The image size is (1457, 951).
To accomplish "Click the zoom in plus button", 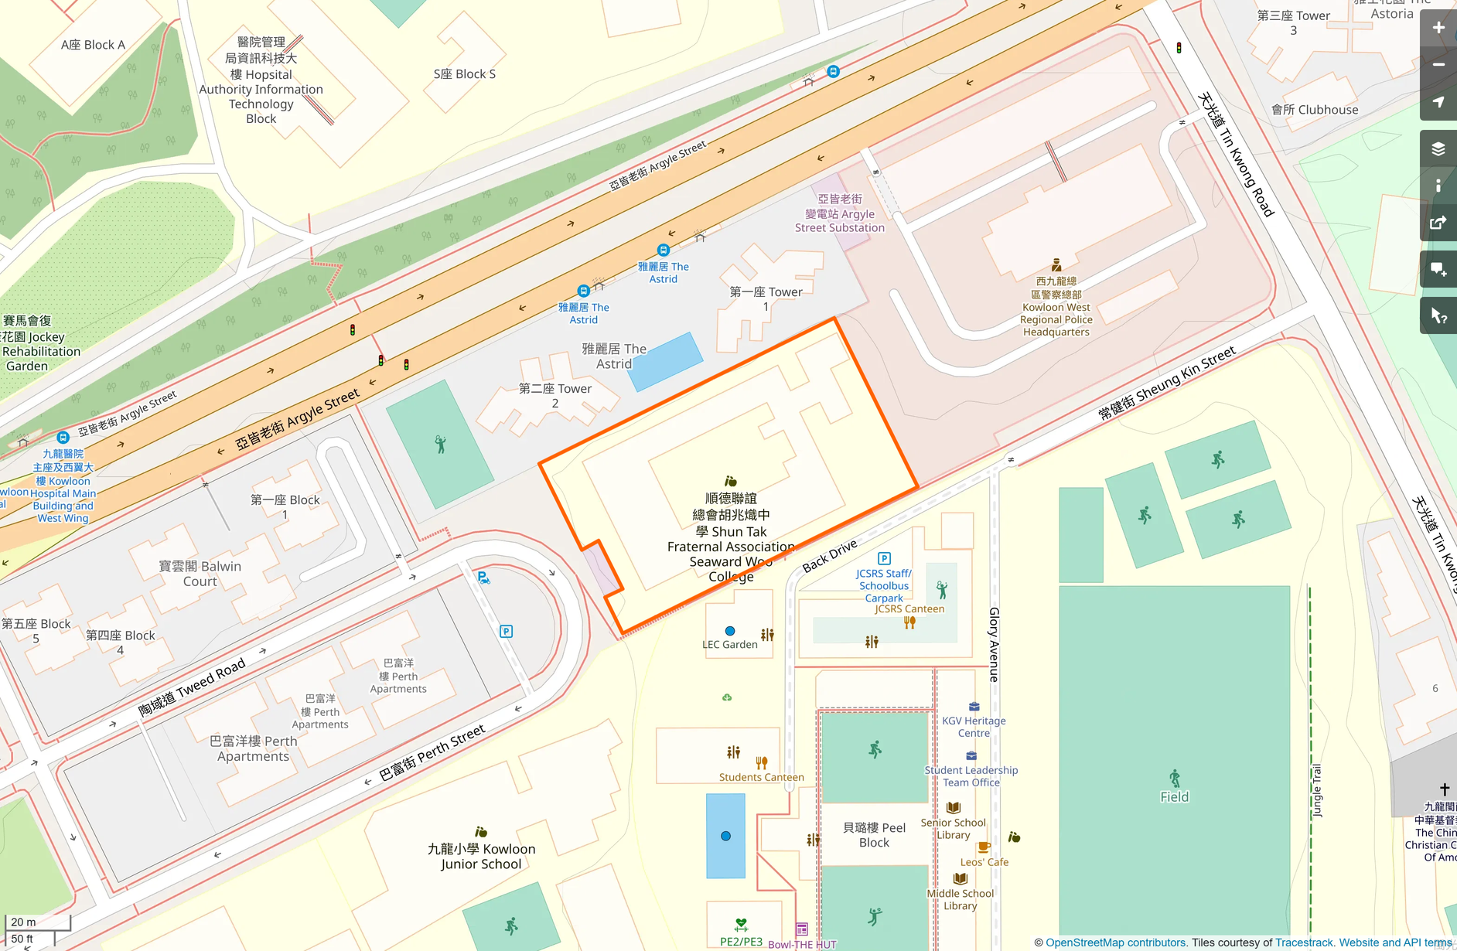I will coord(1438,28).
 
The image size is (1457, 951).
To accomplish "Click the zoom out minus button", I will coord(1438,65).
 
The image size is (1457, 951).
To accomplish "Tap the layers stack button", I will coord(1438,148).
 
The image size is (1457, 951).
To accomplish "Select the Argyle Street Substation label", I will coord(840,214).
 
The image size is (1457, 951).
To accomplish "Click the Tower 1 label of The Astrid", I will coord(766,298).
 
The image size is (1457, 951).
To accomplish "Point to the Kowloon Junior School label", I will coord(481,856).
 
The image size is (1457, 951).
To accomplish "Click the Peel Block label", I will coord(874,835).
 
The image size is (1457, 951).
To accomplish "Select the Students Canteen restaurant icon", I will coord(762,762).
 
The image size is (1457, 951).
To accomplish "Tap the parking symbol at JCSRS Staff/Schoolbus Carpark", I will coord(884,558).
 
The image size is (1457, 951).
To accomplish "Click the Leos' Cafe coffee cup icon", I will coord(984,847).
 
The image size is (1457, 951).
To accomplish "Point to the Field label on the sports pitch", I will coord(1174,797).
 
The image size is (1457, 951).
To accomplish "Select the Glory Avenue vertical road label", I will coord(994,644).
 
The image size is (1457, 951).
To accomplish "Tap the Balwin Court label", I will coord(200,574).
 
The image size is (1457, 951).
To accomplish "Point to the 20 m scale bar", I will coord(37,922).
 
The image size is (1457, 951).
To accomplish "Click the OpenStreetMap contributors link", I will coord(1115,942).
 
